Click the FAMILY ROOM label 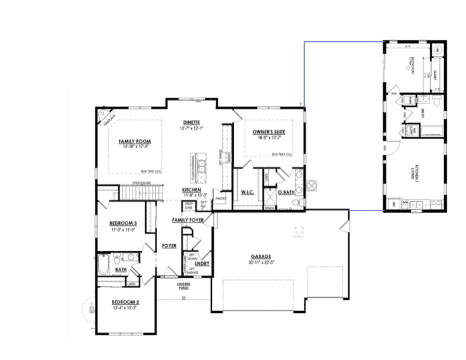pos(135,142)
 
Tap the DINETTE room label pos(192,122)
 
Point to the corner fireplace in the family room pos(107,118)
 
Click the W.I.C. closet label pos(247,192)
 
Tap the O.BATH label pos(285,192)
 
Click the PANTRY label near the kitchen pos(221,199)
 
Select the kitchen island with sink pos(200,166)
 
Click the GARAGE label pos(261,256)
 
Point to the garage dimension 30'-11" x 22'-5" pos(261,263)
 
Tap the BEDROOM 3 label pos(124,224)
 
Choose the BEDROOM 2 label pos(125,302)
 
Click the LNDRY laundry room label pos(202,263)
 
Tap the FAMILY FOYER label pos(188,219)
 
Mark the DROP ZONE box pos(189,206)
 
